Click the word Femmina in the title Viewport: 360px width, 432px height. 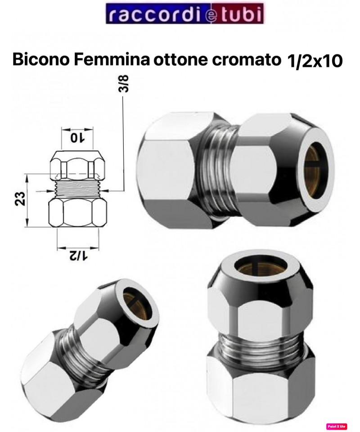click(x=112, y=60)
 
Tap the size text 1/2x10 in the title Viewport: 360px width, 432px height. click(x=314, y=61)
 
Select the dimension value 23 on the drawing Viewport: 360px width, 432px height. click(x=21, y=198)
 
